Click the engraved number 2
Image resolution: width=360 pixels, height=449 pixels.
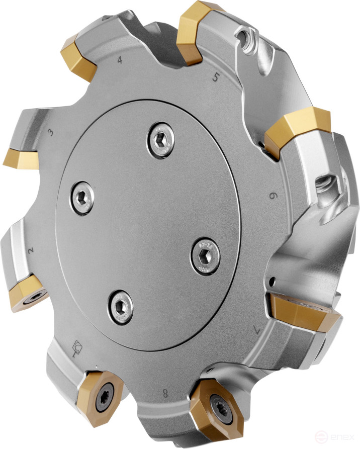point(31,250)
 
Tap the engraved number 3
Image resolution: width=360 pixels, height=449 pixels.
point(50,133)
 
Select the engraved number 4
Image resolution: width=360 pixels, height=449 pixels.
point(120,60)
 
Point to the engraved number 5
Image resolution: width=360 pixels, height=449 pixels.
point(216,77)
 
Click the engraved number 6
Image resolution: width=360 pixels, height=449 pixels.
point(273,196)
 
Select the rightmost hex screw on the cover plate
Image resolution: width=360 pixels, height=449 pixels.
point(205,255)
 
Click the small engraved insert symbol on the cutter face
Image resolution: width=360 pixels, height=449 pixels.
point(78,346)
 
